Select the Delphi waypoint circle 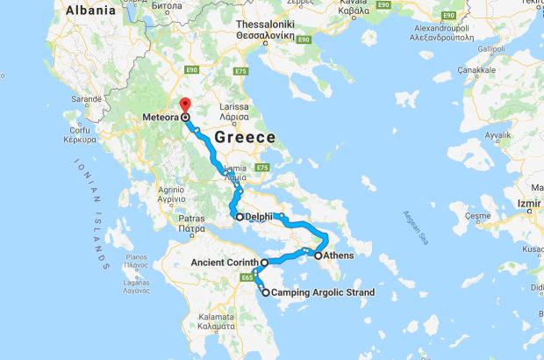239,216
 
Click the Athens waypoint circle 319,256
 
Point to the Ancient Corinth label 224,263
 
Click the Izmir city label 528,203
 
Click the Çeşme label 478,215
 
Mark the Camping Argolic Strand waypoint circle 265,292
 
